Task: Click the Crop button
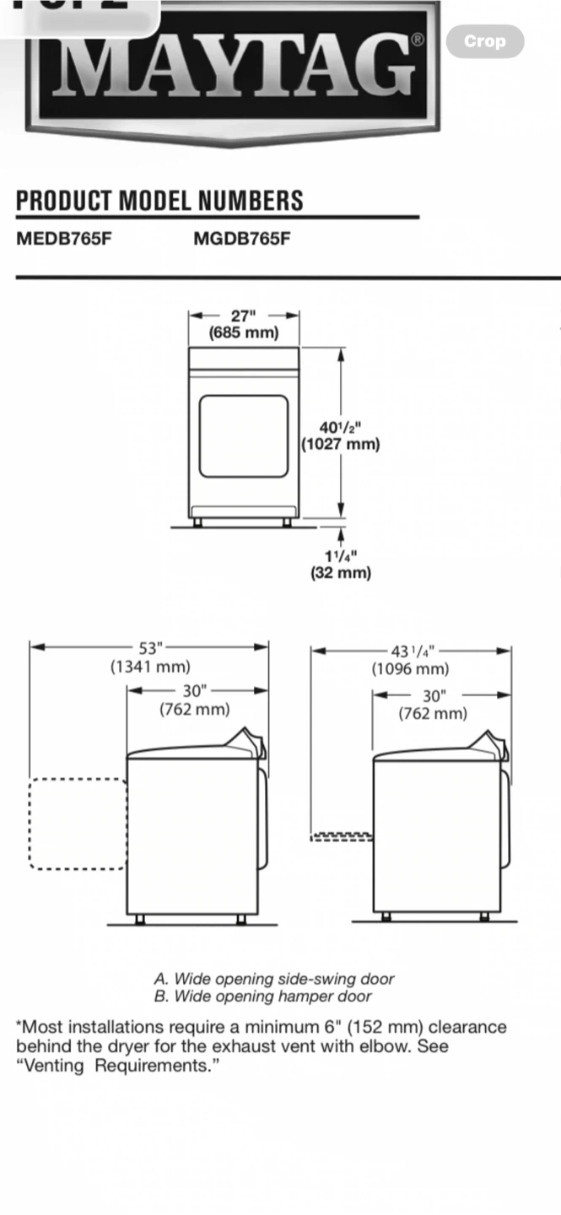tap(485, 41)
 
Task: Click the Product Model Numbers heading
tap(159, 200)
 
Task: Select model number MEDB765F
tap(64, 239)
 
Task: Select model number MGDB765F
tap(242, 239)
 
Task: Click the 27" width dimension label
tap(244, 316)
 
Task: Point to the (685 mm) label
tap(244, 332)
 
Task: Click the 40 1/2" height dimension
tap(341, 428)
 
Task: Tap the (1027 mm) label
tap(341, 444)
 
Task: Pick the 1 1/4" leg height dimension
tap(341, 556)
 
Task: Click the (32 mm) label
tap(341, 573)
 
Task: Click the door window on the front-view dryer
tap(244, 436)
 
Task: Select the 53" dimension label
tap(150, 648)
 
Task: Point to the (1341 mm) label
tap(150, 666)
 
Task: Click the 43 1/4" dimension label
tap(413, 651)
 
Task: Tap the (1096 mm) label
tap(411, 669)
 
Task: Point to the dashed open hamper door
tap(342, 837)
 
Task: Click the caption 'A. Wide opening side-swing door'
tap(274, 979)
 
